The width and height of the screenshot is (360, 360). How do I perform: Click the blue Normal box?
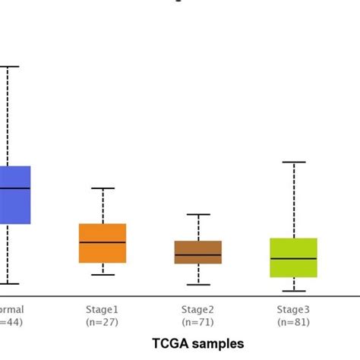coord(15,195)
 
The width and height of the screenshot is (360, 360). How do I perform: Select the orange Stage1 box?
coord(103,243)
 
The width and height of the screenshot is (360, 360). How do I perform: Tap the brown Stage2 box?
coord(197,252)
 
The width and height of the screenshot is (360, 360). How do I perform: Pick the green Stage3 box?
coord(293,257)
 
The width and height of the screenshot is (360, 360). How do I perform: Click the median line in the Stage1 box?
coord(103,242)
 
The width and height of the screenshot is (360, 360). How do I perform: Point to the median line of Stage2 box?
coord(197,255)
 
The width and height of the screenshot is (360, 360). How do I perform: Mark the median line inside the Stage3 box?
coord(293,259)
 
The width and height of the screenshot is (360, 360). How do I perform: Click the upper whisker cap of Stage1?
coord(103,188)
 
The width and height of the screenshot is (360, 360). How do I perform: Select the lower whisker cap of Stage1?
coord(103,274)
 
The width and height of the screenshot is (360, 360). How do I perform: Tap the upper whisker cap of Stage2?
coord(197,214)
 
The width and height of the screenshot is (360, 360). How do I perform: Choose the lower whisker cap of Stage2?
coord(197,284)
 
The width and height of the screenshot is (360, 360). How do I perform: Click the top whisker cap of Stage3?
coord(293,162)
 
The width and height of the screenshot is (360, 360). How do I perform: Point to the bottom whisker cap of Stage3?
coord(293,291)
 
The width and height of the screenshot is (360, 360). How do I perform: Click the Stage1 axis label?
coord(103,309)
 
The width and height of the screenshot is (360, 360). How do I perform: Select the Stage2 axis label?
coord(197,309)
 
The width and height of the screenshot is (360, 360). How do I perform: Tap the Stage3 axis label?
coord(293,309)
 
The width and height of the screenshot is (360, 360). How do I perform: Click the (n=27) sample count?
coord(103,323)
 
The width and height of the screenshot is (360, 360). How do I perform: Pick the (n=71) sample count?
coord(197,323)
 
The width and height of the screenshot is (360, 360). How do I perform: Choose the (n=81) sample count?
coord(293,323)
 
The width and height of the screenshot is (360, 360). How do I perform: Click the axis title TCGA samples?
coord(196,343)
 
